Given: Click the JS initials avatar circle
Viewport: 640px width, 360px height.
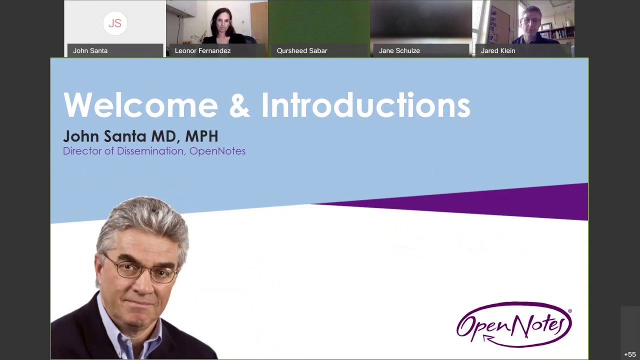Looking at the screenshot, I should pyautogui.click(x=115, y=23).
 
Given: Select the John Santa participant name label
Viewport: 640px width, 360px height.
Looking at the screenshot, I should pyautogui.click(x=90, y=50).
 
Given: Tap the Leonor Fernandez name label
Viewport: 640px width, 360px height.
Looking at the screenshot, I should pyautogui.click(x=202, y=50).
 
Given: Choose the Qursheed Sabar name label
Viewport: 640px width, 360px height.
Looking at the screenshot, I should pyautogui.click(x=302, y=50).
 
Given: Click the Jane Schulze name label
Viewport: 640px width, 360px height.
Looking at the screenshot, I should pyautogui.click(x=399, y=50).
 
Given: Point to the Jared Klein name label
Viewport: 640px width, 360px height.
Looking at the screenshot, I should pyautogui.click(x=497, y=50).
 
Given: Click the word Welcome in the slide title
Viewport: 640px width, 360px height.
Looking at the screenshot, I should pyautogui.click(x=140, y=105).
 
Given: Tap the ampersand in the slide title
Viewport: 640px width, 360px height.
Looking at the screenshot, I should pyautogui.click(x=239, y=105).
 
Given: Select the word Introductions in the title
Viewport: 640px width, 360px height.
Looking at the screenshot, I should pyautogui.click(x=365, y=105).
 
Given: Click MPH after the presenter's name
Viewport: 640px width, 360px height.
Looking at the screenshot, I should pyautogui.click(x=201, y=136).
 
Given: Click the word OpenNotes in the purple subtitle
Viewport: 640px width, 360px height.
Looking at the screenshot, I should pyautogui.click(x=217, y=151).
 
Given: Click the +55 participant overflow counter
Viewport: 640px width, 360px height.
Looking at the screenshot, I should pyautogui.click(x=629, y=354).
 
